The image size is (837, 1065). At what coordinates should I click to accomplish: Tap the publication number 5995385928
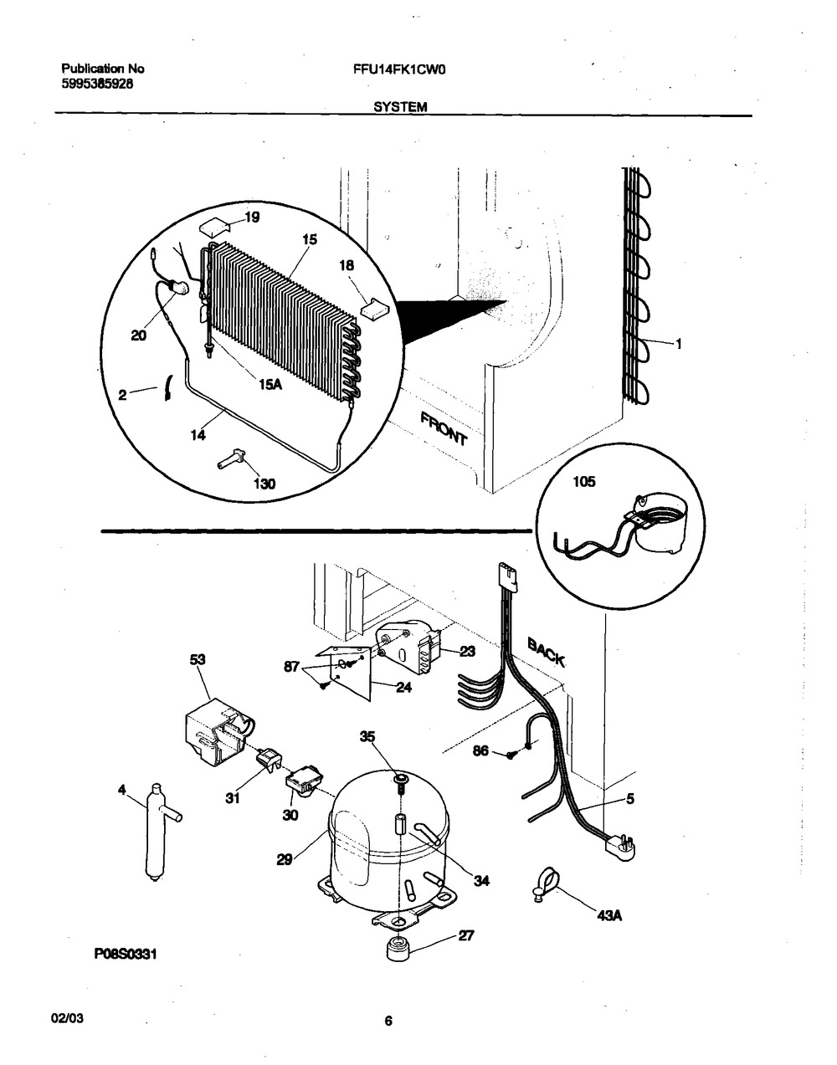point(97,84)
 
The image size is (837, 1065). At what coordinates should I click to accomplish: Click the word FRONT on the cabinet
point(444,428)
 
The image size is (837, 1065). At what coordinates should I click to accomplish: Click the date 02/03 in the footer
point(68,1021)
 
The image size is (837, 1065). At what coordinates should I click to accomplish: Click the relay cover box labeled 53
point(215,730)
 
